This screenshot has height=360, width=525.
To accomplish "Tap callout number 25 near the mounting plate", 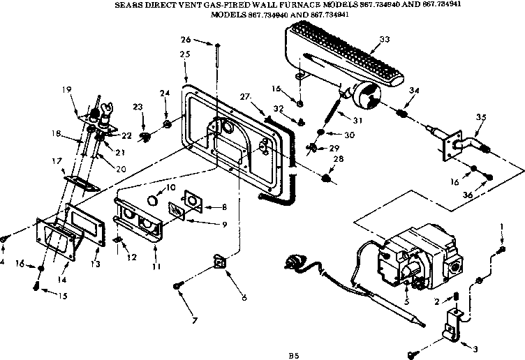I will coord(185,54).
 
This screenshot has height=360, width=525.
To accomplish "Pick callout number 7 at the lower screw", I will coord(194,322).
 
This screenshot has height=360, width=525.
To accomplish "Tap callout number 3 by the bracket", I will coord(476,348).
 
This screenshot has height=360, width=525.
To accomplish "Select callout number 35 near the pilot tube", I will coord(479,118).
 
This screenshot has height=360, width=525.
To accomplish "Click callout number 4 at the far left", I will coord(3,263).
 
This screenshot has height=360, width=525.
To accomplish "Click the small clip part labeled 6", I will coord(221,263).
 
